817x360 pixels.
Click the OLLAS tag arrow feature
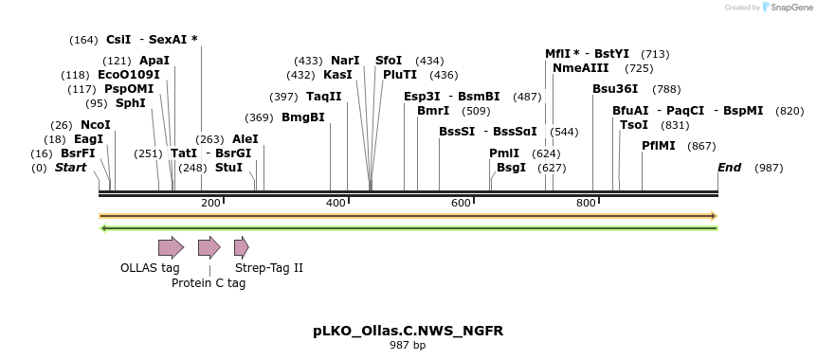pyautogui.click(x=171, y=248)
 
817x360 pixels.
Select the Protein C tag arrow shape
pyautogui.click(x=209, y=248)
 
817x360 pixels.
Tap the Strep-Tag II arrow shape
pyautogui.click(x=241, y=248)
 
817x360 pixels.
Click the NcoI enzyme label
pyautogui.click(x=96, y=125)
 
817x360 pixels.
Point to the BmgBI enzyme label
pyautogui.click(x=303, y=117)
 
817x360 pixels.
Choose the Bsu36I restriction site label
pyautogui.click(x=615, y=89)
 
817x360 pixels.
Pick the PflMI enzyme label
pyautogui.click(x=659, y=146)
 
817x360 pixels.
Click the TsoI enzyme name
pyautogui.click(x=634, y=125)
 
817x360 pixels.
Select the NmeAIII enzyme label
pyautogui.click(x=581, y=68)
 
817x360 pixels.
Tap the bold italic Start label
pyautogui.click(x=70, y=168)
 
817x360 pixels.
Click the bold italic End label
pyautogui.click(x=729, y=168)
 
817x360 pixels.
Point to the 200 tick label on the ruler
pyautogui.click(x=210, y=204)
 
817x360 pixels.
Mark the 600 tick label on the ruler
pyautogui.click(x=461, y=204)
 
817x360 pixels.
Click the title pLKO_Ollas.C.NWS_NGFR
pyautogui.click(x=408, y=331)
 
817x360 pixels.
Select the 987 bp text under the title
pyautogui.click(x=408, y=345)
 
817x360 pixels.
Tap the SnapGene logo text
pyautogui.click(x=789, y=8)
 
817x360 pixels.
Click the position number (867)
pyautogui.click(x=701, y=146)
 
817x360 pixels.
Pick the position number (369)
pyautogui.click(x=259, y=117)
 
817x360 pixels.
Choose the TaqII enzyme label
pyautogui.click(x=324, y=97)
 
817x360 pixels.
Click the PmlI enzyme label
pyautogui.click(x=504, y=153)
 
